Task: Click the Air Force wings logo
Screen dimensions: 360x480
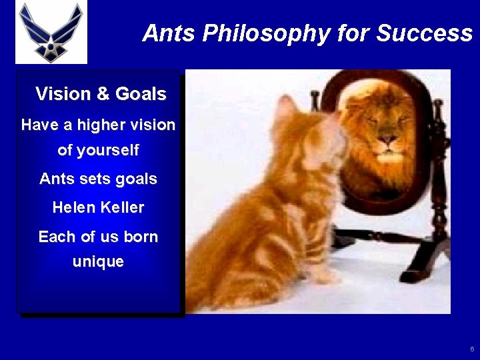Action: tap(51, 32)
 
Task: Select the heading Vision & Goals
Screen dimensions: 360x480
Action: tap(101, 94)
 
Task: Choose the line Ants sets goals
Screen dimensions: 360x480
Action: tap(98, 179)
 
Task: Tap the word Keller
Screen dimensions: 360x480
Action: tap(123, 207)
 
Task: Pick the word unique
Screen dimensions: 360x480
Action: tap(98, 261)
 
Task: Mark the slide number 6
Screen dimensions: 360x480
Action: tap(471, 349)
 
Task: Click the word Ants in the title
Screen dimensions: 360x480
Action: tap(167, 33)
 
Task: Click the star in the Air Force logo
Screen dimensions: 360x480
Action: tap(51, 47)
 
